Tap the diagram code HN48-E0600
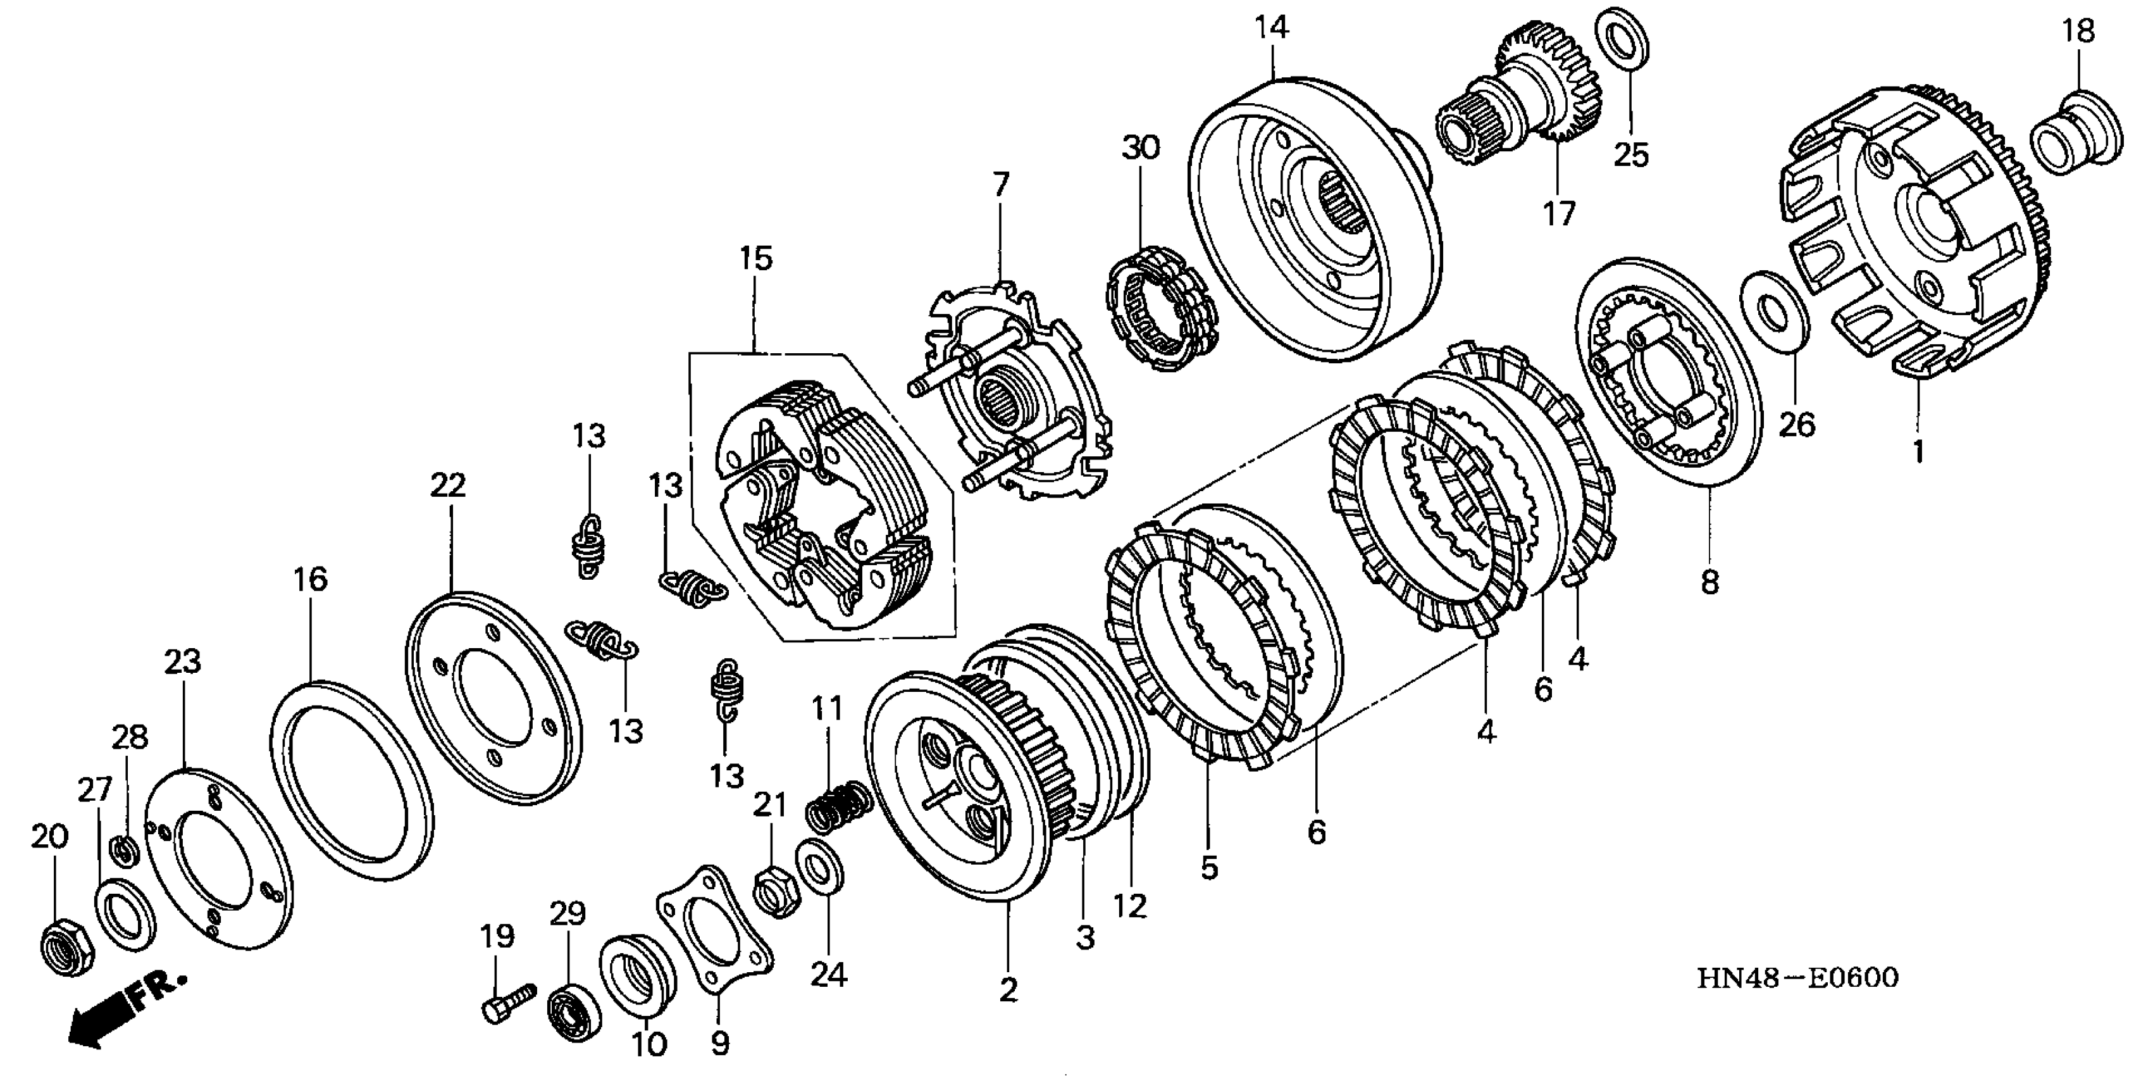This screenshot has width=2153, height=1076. pyautogui.click(x=1797, y=978)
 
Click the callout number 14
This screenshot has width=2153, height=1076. pyautogui.click(x=1270, y=28)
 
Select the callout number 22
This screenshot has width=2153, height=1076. pyautogui.click(x=448, y=485)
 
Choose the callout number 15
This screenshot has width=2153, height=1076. pyautogui.click(x=755, y=258)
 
